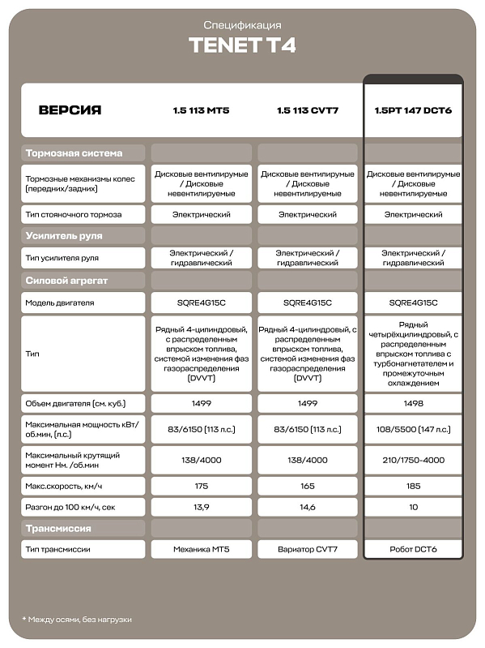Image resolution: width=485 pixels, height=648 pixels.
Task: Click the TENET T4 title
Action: (242, 45)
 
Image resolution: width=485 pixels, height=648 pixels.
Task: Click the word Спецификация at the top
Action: (242, 26)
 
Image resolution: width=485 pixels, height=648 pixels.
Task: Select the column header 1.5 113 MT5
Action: (202, 109)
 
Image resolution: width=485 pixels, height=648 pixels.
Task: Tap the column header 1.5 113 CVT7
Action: (307, 109)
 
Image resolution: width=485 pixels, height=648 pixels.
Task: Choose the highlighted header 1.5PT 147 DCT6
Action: (413, 109)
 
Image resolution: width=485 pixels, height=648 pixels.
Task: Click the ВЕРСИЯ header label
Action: (70, 109)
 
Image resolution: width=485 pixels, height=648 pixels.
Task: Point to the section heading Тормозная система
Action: (74, 152)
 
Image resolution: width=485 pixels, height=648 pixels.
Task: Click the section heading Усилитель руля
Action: (64, 236)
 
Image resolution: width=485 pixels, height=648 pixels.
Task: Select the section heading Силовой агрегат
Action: (66, 281)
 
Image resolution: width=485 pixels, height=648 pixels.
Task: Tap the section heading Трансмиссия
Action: (58, 529)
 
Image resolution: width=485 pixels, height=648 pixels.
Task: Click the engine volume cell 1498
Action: (413, 403)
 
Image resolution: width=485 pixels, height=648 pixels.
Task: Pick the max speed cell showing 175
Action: (202, 486)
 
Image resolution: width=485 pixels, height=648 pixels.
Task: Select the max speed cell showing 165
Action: (307, 486)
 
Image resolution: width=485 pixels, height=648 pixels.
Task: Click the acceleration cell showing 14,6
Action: (307, 507)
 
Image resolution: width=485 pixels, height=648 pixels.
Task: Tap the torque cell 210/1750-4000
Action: (413, 459)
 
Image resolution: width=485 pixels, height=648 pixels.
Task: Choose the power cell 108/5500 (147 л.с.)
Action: (413, 429)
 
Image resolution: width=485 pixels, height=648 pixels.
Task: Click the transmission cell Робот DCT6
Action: (413, 550)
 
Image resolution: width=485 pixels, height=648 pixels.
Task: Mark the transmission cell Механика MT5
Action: (202, 550)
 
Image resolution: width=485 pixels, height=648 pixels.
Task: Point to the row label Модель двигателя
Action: (60, 303)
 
